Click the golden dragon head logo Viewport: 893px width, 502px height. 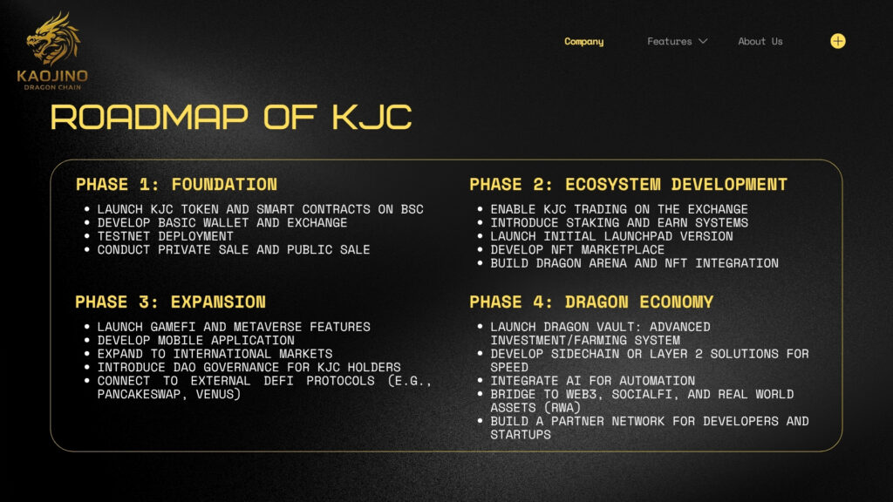tap(53, 38)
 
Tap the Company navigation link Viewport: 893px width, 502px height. tap(583, 42)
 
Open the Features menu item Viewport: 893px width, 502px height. tap(669, 41)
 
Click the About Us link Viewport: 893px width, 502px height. tap(760, 41)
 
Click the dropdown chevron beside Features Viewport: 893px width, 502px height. tap(703, 41)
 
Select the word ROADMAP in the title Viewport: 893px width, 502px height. tap(149, 118)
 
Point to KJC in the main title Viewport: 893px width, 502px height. tap(372, 118)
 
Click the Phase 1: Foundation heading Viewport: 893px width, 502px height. tap(176, 185)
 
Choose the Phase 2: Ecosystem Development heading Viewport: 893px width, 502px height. tap(628, 185)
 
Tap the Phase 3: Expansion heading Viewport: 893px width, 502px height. tap(170, 302)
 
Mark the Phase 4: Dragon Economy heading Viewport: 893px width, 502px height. tap(591, 302)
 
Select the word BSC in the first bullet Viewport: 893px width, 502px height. tap(412, 209)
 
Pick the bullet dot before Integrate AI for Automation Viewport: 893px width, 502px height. tap(481, 380)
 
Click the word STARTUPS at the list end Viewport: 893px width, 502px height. tap(521, 434)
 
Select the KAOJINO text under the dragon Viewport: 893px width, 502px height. tap(52, 76)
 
